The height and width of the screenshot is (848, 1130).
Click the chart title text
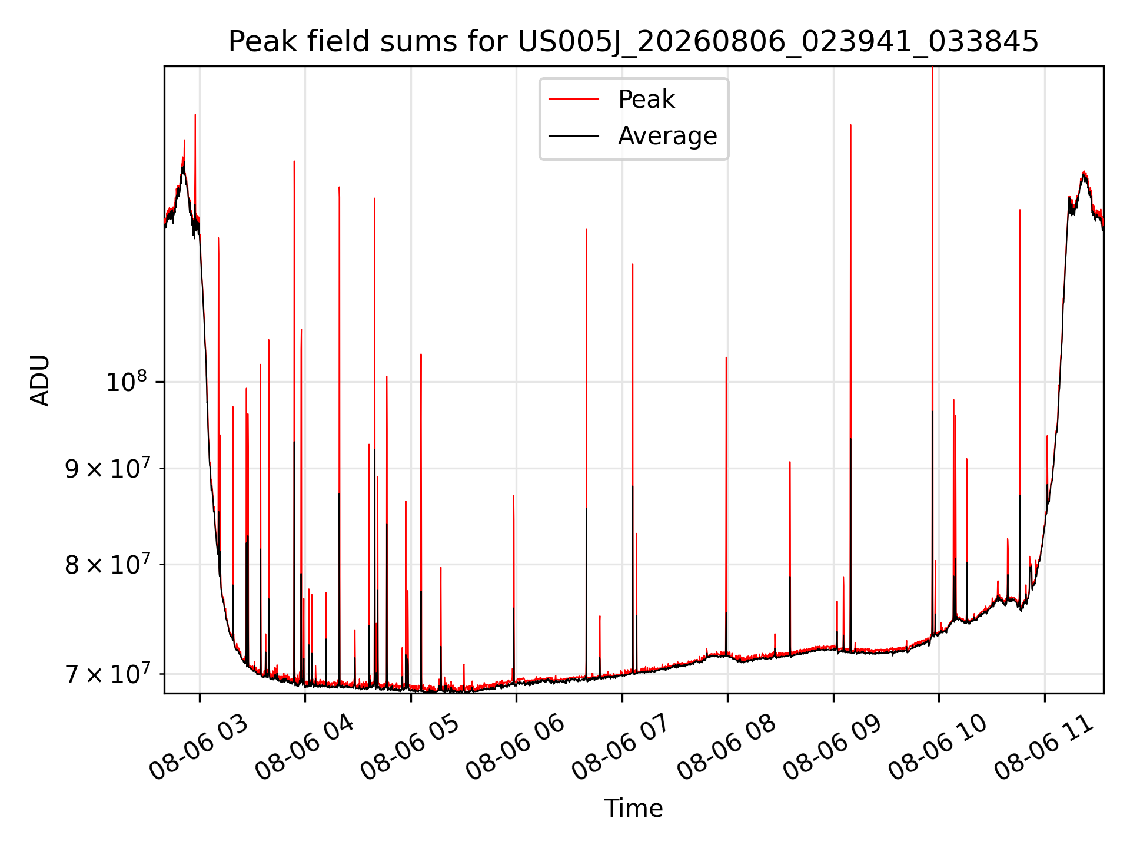click(633, 42)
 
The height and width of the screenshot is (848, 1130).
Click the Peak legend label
click(646, 100)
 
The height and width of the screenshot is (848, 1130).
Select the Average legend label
click(667, 136)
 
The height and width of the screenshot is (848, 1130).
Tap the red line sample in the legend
click(574, 100)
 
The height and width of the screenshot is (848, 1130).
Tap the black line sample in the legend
click(574, 136)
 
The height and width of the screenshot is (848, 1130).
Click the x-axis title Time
click(633, 809)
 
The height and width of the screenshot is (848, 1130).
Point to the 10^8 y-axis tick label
click(126, 382)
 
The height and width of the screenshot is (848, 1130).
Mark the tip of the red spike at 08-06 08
click(726, 357)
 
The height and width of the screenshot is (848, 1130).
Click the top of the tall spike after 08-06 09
click(850, 125)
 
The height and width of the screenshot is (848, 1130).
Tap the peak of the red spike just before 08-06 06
click(513, 496)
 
